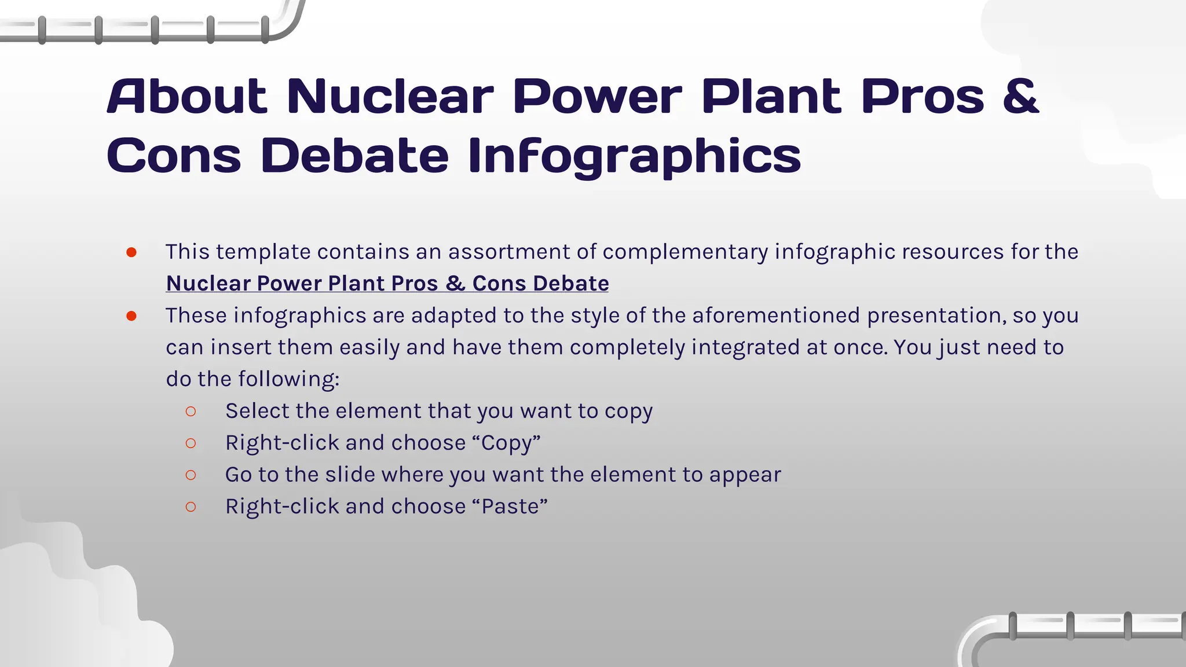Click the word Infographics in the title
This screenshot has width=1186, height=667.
coord(634,156)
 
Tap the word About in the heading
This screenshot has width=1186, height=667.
coord(187,96)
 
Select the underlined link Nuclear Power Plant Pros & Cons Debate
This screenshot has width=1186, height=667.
coord(387,283)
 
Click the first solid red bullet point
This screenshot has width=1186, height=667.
coord(131,252)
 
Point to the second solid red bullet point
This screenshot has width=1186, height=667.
coord(131,316)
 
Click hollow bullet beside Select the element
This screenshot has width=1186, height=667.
coord(191,411)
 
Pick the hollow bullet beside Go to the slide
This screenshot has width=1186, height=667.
coord(191,475)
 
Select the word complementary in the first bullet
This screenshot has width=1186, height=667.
coord(684,252)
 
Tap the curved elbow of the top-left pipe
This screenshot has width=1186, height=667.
coord(287,25)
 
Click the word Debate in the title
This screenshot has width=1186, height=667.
coord(354,156)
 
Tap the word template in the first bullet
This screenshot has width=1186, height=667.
coord(263,252)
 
